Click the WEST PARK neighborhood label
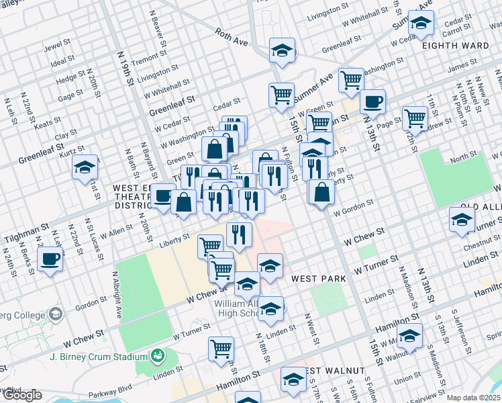click(x=318, y=278)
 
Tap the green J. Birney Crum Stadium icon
click(x=158, y=355)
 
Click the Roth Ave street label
click(x=232, y=38)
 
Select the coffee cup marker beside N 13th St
click(x=372, y=102)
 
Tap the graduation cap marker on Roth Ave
click(x=283, y=50)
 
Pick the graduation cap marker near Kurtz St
click(x=85, y=167)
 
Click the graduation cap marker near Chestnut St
click(x=462, y=220)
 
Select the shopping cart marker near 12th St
click(x=415, y=118)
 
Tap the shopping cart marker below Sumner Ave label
click(x=282, y=95)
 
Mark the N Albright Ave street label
click(x=116, y=296)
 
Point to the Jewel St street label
click(x=57, y=48)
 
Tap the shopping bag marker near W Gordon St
click(x=322, y=191)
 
